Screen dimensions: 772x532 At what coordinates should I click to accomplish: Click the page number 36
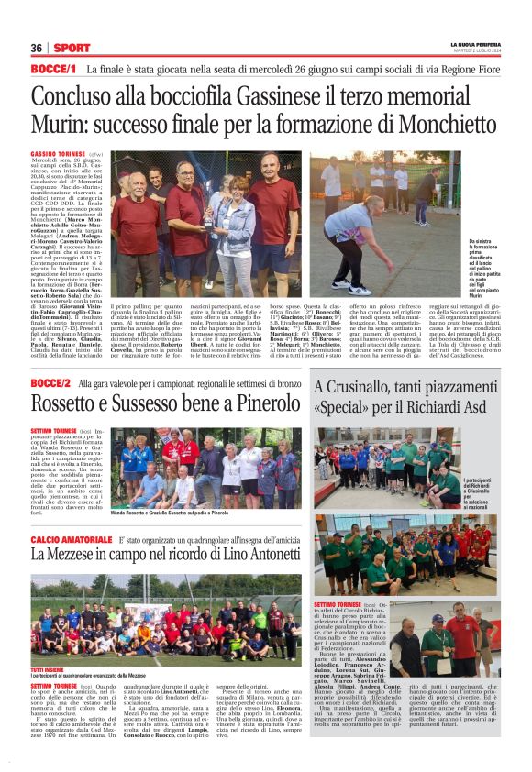(x=37, y=49)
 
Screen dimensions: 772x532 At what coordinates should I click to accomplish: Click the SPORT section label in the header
(x=72, y=49)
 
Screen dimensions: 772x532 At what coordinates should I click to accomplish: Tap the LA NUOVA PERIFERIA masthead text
(x=475, y=44)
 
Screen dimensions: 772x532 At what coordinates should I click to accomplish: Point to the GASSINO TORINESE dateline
(x=58, y=152)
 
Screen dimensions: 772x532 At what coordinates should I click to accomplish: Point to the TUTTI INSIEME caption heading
(x=48, y=669)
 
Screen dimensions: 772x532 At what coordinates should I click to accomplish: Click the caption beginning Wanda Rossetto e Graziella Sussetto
(x=170, y=513)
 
